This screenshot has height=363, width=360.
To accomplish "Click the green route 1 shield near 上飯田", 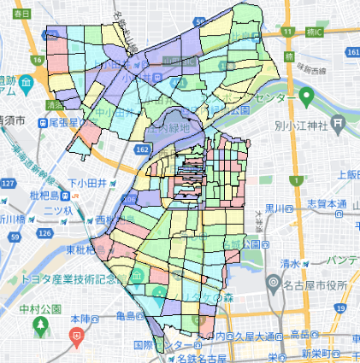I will pyautogui.click(x=297, y=180).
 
